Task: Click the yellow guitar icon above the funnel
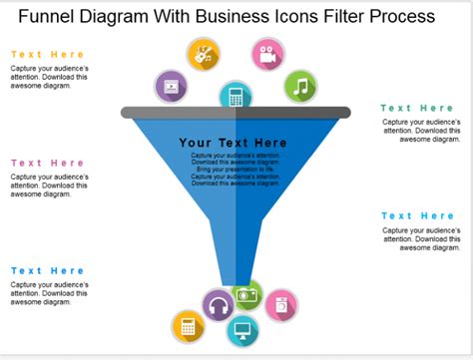204,55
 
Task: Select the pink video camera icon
266,55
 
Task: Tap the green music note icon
299,87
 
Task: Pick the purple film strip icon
172,87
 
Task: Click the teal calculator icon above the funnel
236,97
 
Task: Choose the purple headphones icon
218,305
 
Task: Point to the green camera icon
247,294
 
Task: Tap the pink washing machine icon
280,305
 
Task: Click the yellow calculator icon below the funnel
187,326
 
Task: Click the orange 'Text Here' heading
47,55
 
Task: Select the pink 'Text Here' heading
47,163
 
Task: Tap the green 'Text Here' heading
417,108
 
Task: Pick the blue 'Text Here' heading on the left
47,270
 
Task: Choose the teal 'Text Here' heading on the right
417,215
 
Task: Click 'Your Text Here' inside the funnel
233,143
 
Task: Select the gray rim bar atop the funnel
236,113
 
